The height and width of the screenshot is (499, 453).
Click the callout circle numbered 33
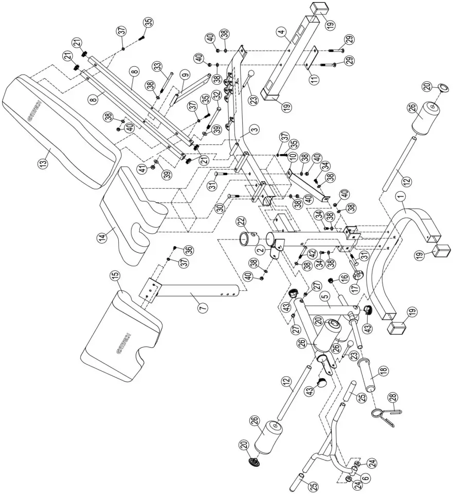[x=157, y=66]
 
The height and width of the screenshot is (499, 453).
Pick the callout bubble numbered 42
[x=312, y=252]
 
